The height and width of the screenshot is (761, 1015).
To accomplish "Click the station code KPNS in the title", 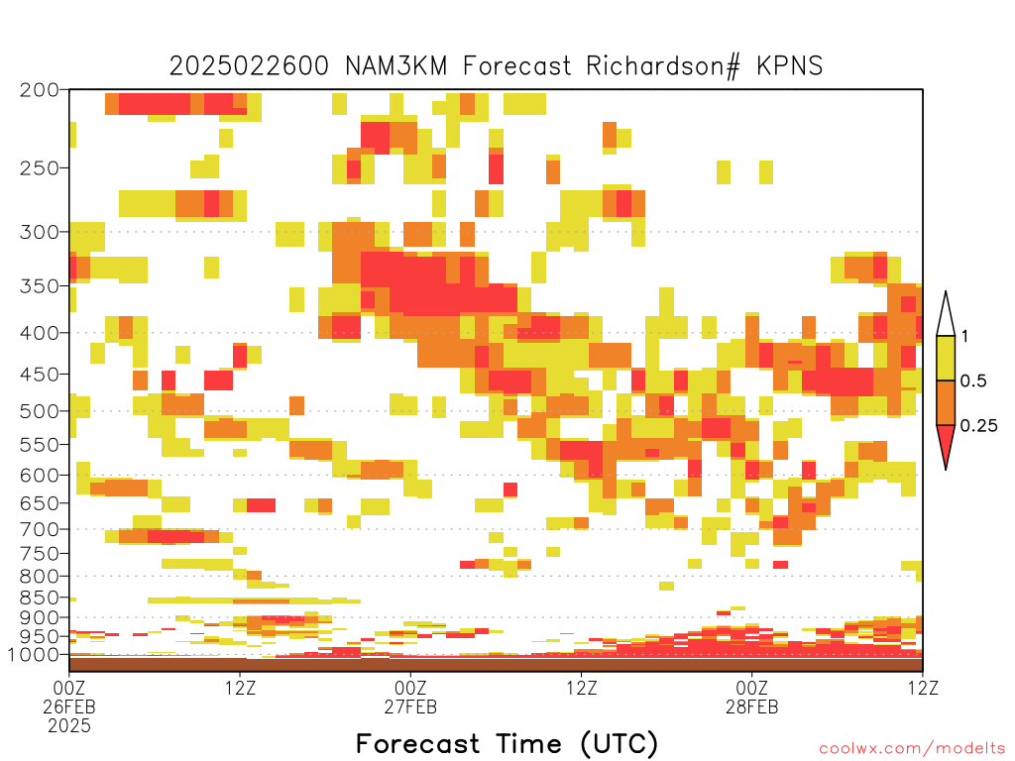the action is (790, 66).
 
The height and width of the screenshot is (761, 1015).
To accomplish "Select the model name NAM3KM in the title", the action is (396, 66).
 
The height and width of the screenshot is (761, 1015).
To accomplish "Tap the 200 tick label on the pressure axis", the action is (40, 90).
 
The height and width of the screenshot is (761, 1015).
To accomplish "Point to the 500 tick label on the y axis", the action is (40, 411).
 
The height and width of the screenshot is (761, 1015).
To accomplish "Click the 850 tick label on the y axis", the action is (40, 598).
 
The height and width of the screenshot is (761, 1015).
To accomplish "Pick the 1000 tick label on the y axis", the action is (34, 655).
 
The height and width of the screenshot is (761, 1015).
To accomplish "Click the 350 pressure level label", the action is (40, 286).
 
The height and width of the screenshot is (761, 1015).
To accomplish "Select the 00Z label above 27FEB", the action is (410, 688).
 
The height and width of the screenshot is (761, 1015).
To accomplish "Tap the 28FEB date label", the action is (751, 707).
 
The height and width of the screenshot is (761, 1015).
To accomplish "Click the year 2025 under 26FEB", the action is (69, 726).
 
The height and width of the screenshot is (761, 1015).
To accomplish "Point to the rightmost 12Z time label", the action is (923, 688).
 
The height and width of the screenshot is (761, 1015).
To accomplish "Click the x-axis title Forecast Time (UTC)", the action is (507, 743).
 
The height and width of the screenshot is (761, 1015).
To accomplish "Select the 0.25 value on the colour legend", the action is (978, 426).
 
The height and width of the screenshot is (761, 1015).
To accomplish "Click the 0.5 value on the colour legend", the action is (973, 380).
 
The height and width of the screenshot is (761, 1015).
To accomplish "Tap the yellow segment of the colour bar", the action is (946, 359).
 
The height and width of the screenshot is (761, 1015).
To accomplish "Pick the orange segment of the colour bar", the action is (946, 403).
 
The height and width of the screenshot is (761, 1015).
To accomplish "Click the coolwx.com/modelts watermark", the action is (912, 749).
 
